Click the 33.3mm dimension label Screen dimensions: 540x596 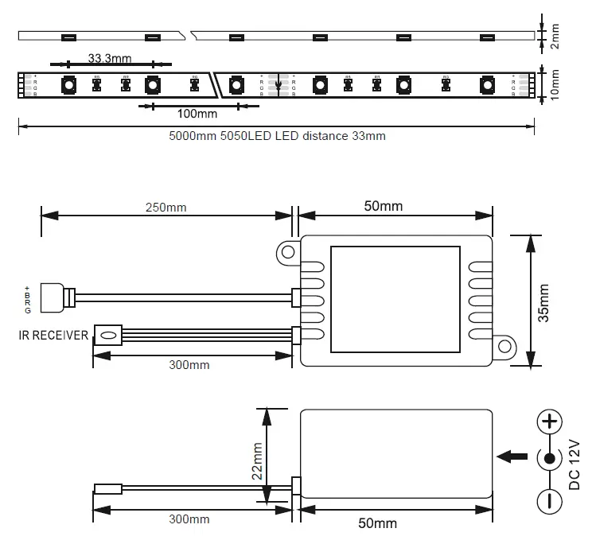tap(110, 58)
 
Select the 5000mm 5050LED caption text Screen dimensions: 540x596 tap(277, 136)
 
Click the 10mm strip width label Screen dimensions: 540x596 tap(555, 84)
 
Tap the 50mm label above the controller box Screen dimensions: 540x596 tap(384, 206)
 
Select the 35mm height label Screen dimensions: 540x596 tap(543, 302)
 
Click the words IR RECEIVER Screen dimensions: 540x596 tap(54, 336)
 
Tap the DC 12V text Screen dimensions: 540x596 tap(574, 464)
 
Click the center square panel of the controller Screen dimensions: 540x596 tap(395, 299)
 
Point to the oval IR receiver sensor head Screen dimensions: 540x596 tap(107, 336)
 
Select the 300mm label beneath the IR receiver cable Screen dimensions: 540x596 tap(190, 365)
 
